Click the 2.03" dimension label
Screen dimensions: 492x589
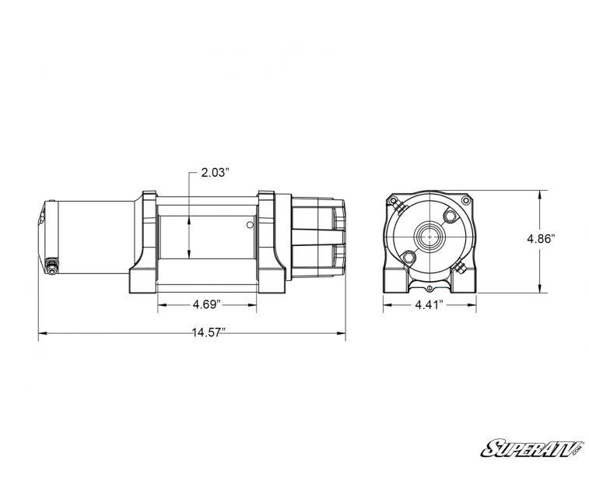(x=214, y=173)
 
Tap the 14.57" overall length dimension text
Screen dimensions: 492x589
(x=209, y=333)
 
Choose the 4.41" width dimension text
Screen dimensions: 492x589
(x=427, y=305)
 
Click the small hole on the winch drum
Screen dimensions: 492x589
(x=248, y=226)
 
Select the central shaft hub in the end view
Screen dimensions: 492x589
(x=429, y=234)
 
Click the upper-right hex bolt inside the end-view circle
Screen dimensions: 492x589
(x=451, y=213)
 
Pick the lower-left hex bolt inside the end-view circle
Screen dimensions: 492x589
(x=407, y=255)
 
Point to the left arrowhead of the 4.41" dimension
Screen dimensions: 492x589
(x=385, y=305)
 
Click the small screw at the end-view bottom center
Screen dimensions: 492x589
(x=429, y=276)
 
